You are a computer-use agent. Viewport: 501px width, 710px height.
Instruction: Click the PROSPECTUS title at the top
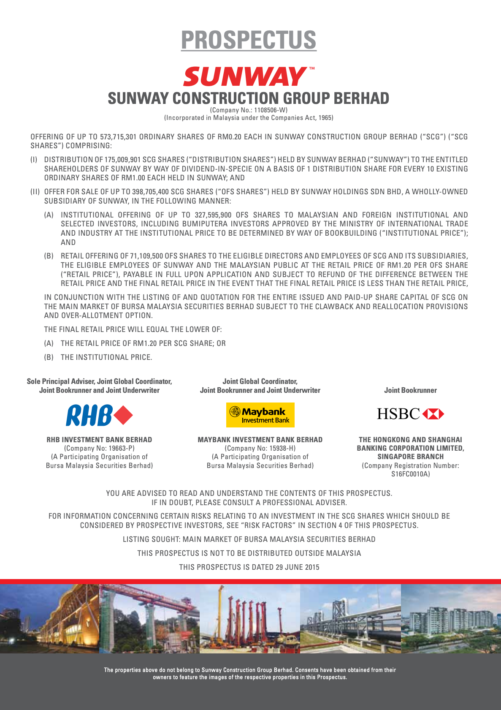[x=249, y=40]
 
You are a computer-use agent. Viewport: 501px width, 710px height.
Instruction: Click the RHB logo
[x=99, y=415]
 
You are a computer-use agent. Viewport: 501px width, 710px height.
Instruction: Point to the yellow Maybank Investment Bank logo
[x=260, y=415]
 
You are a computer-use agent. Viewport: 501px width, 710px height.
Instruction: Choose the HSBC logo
[x=410, y=414]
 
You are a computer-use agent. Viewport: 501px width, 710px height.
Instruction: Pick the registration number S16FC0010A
[x=410, y=474]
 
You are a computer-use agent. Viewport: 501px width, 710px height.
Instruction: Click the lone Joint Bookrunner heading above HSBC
[x=410, y=390]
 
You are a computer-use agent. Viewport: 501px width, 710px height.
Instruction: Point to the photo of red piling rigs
[x=250, y=619]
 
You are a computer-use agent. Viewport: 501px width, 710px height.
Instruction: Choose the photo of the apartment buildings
[x=451, y=619]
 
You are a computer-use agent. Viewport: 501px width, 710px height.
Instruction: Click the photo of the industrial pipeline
[x=350, y=619]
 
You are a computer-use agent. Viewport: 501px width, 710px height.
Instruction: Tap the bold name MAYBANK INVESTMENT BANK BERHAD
[x=260, y=440]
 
